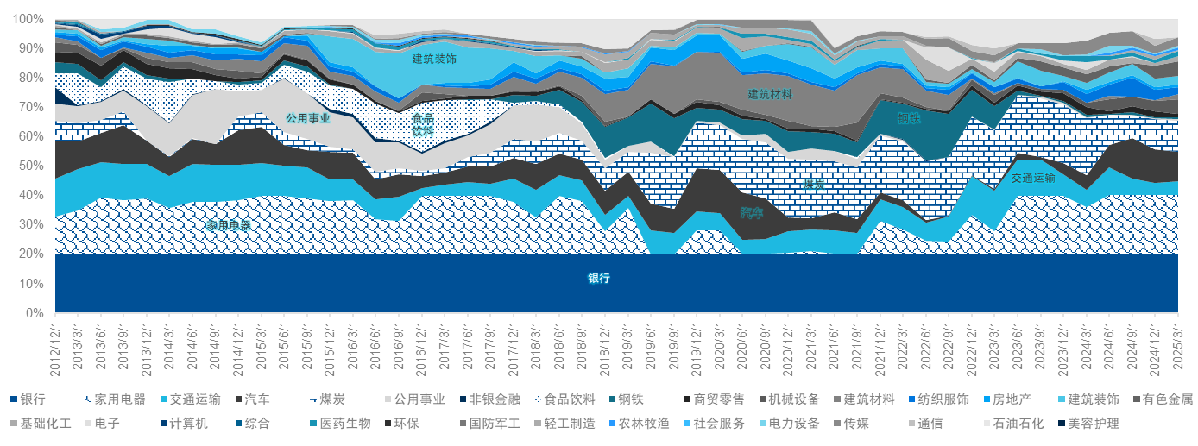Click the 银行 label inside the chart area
click(599, 279)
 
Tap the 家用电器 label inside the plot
click(228, 225)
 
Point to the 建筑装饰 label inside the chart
click(434, 60)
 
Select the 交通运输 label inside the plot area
click(1033, 179)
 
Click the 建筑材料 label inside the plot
click(770, 94)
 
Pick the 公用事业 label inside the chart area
click(308, 118)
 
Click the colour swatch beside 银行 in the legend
click(13, 399)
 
